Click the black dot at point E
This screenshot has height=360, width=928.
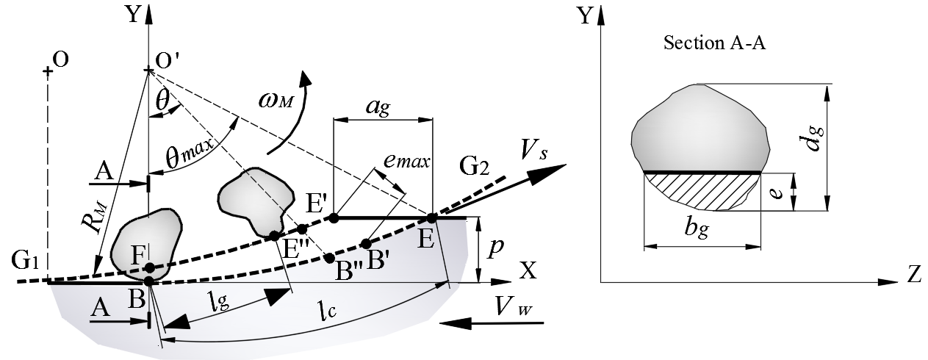click(x=431, y=217)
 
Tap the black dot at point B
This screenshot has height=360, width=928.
click(x=149, y=281)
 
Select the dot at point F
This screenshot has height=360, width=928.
click(x=149, y=267)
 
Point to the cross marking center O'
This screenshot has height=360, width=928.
click(x=149, y=71)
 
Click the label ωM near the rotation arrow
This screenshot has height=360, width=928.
click(x=275, y=101)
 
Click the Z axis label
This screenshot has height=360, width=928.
click(x=914, y=275)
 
